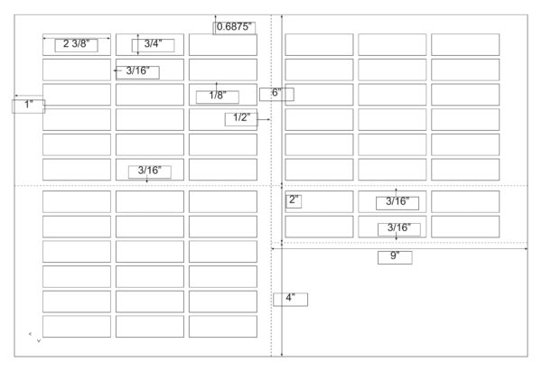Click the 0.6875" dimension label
tap(234, 27)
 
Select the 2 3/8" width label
tap(76, 44)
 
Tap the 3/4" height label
tap(153, 44)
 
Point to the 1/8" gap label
tap(218, 96)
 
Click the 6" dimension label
tap(276, 93)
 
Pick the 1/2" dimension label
tap(241, 117)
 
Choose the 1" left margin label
tap(28, 105)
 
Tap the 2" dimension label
tap(294, 199)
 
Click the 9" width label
tap(395, 256)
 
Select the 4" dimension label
tap(290, 298)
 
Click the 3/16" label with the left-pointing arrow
tap(137, 71)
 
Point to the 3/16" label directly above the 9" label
tap(399, 228)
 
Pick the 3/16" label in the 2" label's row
tap(397, 201)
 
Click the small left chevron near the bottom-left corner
tap(30, 334)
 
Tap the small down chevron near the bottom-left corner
tap(39, 340)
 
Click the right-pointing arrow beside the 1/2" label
tap(264, 119)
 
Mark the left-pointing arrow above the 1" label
tap(29, 96)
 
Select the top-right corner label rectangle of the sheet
tap(465, 44)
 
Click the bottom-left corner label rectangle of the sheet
tap(77, 327)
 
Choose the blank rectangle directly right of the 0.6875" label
tap(223, 44)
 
